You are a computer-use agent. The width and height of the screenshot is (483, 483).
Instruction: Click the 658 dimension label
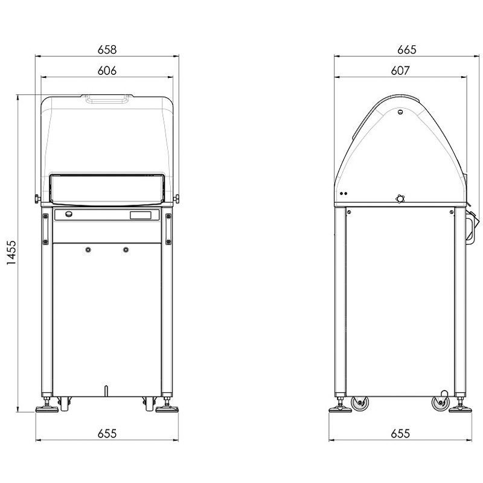click(x=107, y=50)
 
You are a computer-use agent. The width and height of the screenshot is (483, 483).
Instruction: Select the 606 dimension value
click(x=107, y=71)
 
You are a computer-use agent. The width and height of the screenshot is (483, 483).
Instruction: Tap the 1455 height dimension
click(x=11, y=252)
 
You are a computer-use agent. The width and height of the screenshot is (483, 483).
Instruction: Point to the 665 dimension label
click(x=406, y=50)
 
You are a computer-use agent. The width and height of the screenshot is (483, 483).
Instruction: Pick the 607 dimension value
click(x=400, y=71)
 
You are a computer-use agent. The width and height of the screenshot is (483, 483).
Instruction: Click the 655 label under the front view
click(x=107, y=433)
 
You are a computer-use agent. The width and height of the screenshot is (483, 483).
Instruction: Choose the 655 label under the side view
click(x=400, y=433)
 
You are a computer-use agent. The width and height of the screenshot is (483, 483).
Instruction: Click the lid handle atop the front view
click(x=107, y=98)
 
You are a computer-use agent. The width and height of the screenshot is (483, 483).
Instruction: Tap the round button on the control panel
click(x=69, y=214)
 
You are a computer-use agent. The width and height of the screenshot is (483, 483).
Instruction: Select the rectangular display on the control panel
click(x=141, y=215)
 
